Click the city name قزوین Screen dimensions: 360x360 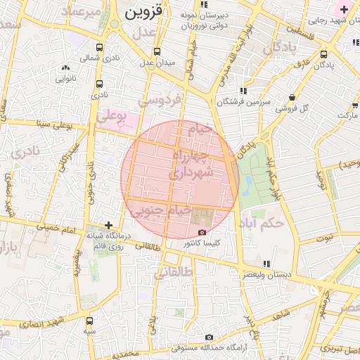tap(143, 12)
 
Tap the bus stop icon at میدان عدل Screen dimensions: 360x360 tap(156, 51)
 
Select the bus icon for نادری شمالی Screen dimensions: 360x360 tap(98, 48)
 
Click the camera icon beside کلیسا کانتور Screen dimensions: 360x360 tap(202, 232)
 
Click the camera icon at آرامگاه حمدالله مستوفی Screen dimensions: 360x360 tap(209, 337)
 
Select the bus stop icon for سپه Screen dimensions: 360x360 tap(89, 320)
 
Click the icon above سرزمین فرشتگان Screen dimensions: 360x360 tap(243, 91)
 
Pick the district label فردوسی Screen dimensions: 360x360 tap(159, 100)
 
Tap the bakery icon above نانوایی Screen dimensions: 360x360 tap(65, 68)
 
